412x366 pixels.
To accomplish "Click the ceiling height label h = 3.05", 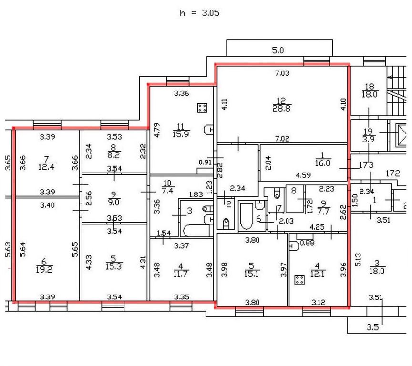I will click(199, 13).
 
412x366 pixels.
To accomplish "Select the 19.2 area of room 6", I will click(47, 268).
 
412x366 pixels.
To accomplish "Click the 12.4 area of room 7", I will click(46, 166).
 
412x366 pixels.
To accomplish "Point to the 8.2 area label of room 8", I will click(113, 155).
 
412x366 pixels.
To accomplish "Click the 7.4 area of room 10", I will click(167, 191).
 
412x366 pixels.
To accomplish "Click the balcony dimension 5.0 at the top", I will click(278, 50).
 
